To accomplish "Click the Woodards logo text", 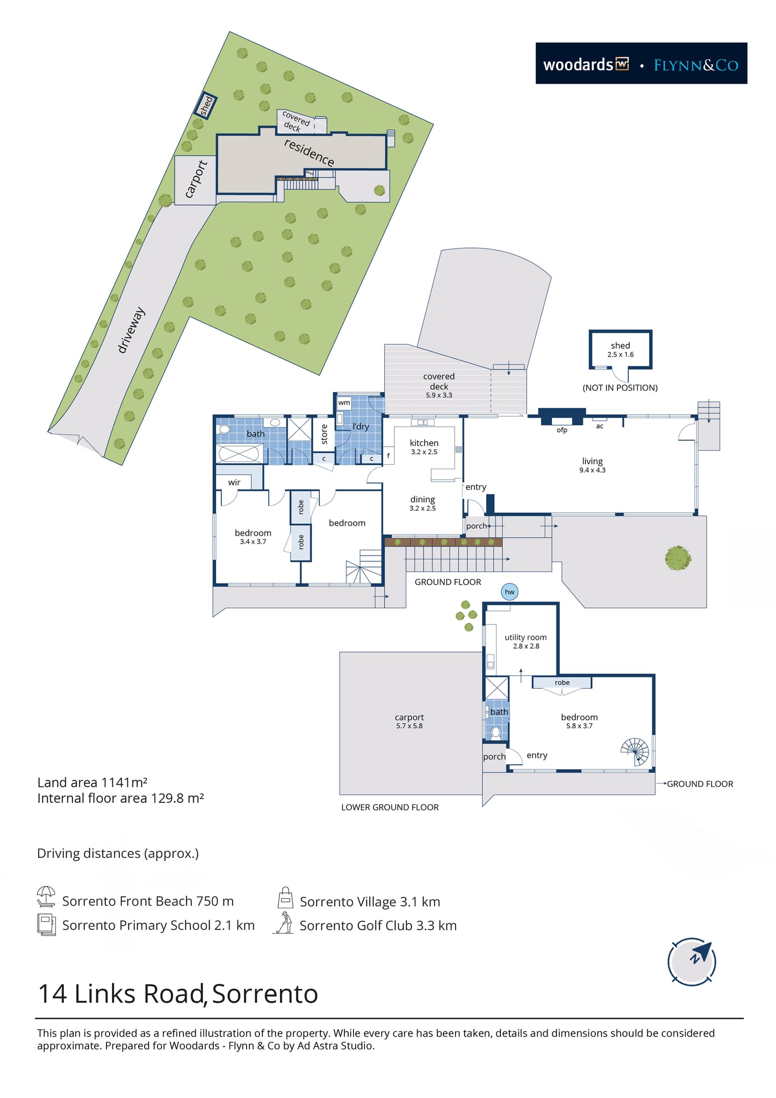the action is pos(586,64).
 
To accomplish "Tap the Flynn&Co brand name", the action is pos(696,65).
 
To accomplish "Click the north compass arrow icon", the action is pos(692,961).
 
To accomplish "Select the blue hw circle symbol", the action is pos(509,592).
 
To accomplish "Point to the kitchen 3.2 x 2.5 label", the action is pos(424,447).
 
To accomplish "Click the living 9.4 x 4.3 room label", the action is pos(593,465).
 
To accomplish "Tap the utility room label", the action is pos(525,641).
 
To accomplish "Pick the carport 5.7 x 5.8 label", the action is pos(409,721).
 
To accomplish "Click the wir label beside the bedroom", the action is pos(234,482).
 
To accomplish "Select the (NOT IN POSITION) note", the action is pos(620,388).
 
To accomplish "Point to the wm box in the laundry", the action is pos(344,403).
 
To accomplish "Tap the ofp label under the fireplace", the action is pos(562,430).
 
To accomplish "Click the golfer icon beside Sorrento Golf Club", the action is pos(284,923).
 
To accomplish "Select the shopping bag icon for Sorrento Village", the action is pos(285,897).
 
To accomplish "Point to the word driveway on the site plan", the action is pos(131,330).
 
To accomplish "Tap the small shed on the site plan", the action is pos(205,105).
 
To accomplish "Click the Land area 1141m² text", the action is pos(92,782).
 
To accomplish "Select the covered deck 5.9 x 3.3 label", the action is pos(439,385).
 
